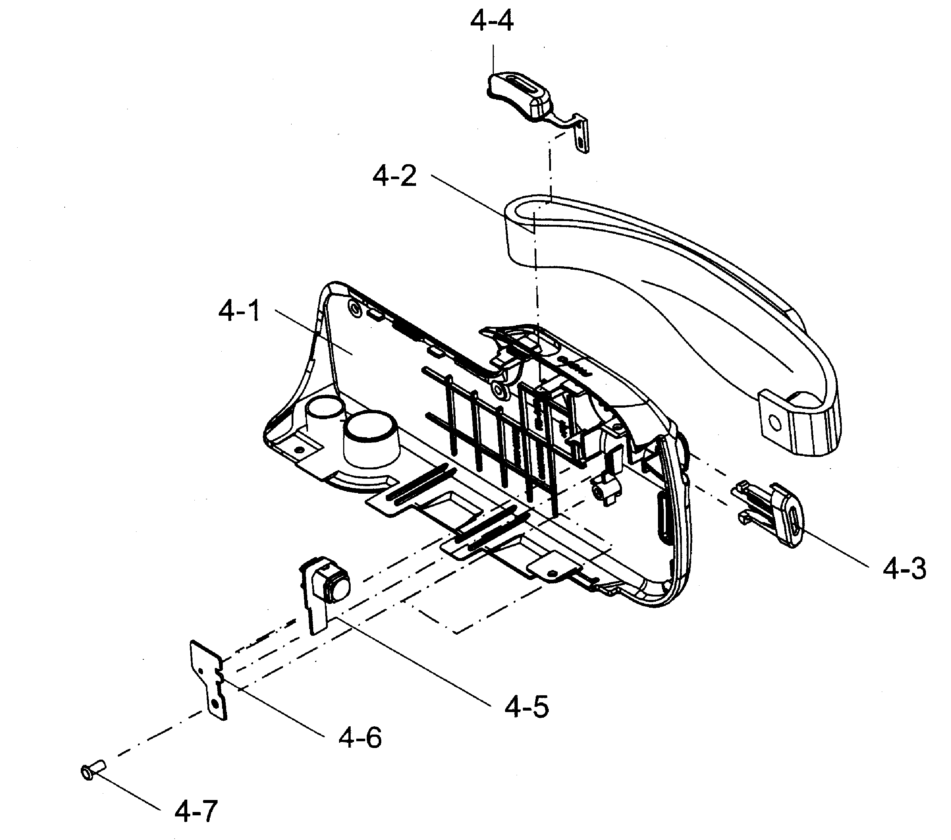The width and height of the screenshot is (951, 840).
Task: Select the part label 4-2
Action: (x=394, y=177)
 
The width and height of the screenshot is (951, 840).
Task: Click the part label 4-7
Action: (x=196, y=811)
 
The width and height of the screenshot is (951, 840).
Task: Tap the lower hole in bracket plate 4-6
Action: (x=215, y=702)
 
